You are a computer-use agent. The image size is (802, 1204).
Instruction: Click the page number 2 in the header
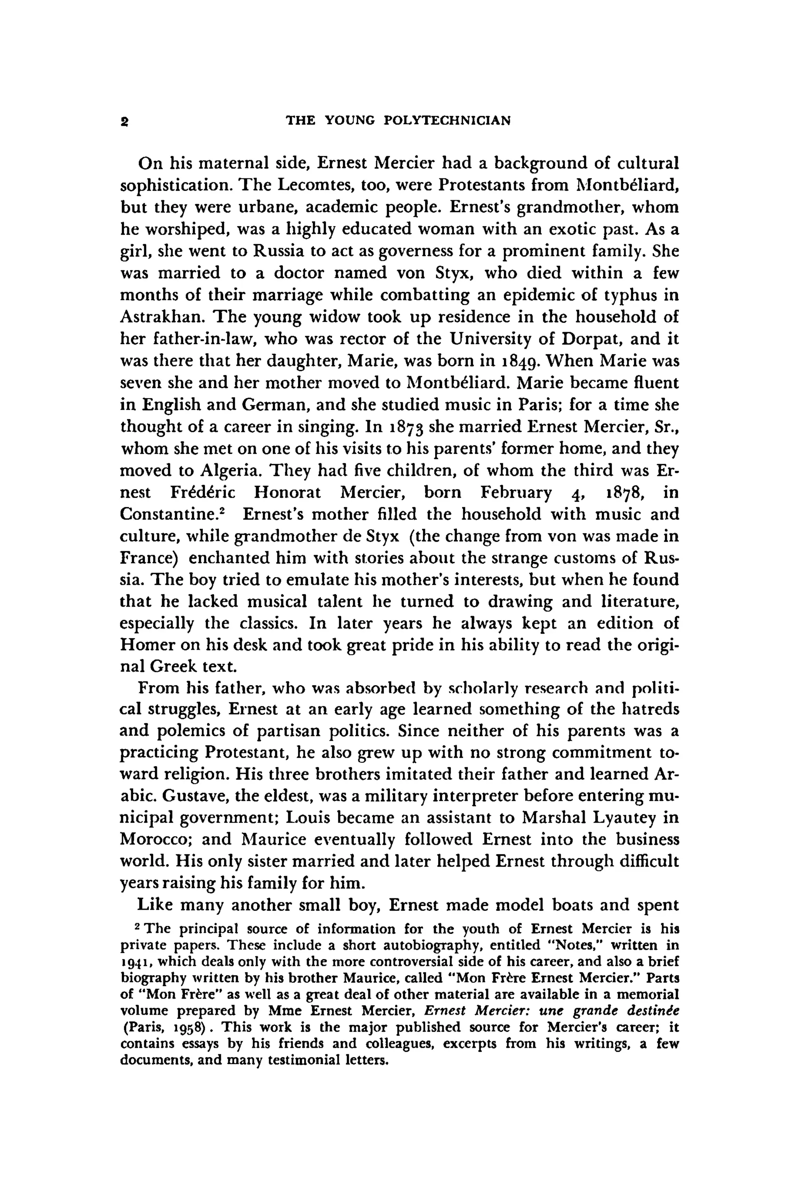click(x=124, y=121)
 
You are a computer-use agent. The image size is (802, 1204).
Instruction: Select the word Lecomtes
click(x=312, y=185)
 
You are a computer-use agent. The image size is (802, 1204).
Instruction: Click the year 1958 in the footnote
click(x=190, y=1027)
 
